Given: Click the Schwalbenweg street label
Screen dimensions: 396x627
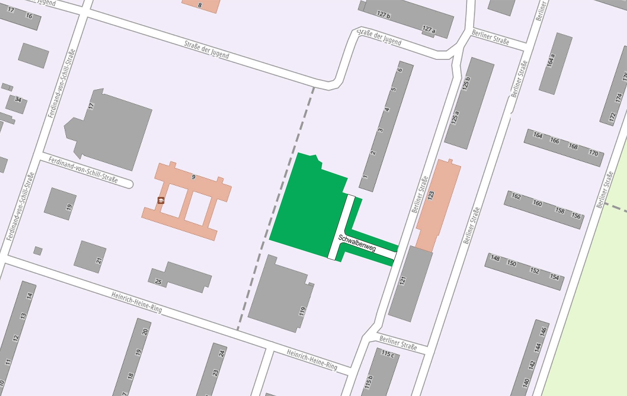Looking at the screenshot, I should (x=357, y=243).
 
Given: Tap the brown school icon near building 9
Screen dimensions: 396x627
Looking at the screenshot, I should (x=161, y=200).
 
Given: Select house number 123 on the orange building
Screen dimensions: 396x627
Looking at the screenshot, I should (x=431, y=195).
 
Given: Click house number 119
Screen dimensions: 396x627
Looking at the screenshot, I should (x=302, y=311).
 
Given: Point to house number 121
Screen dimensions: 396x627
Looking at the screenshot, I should (x=403, y=280).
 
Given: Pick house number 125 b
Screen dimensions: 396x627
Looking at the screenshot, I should (x=466, y=83).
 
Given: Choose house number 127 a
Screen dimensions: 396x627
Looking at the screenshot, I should (x=429, y=29).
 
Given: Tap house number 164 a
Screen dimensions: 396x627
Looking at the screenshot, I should (x=551, y=61).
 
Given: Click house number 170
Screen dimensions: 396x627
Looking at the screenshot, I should (x=593, y=153).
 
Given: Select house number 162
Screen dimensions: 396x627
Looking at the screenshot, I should (x=516, y=196).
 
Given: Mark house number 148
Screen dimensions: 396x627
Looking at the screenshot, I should (x=495, y=258).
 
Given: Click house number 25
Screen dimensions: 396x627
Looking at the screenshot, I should (x=158, y=282).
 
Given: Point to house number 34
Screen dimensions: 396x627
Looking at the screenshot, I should (x=18, y=100).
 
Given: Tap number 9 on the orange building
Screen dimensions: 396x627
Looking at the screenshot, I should (x=194, y=177).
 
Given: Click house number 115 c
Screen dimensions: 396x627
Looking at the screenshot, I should (x=388, y=354).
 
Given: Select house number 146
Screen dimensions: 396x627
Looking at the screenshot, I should (x=543, y=331).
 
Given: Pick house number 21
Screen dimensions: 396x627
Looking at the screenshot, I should (x=99, y=261).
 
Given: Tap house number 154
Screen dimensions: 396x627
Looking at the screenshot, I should (x=555, y=277).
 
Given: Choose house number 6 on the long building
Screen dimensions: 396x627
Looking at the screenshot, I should (x=400, y=70).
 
